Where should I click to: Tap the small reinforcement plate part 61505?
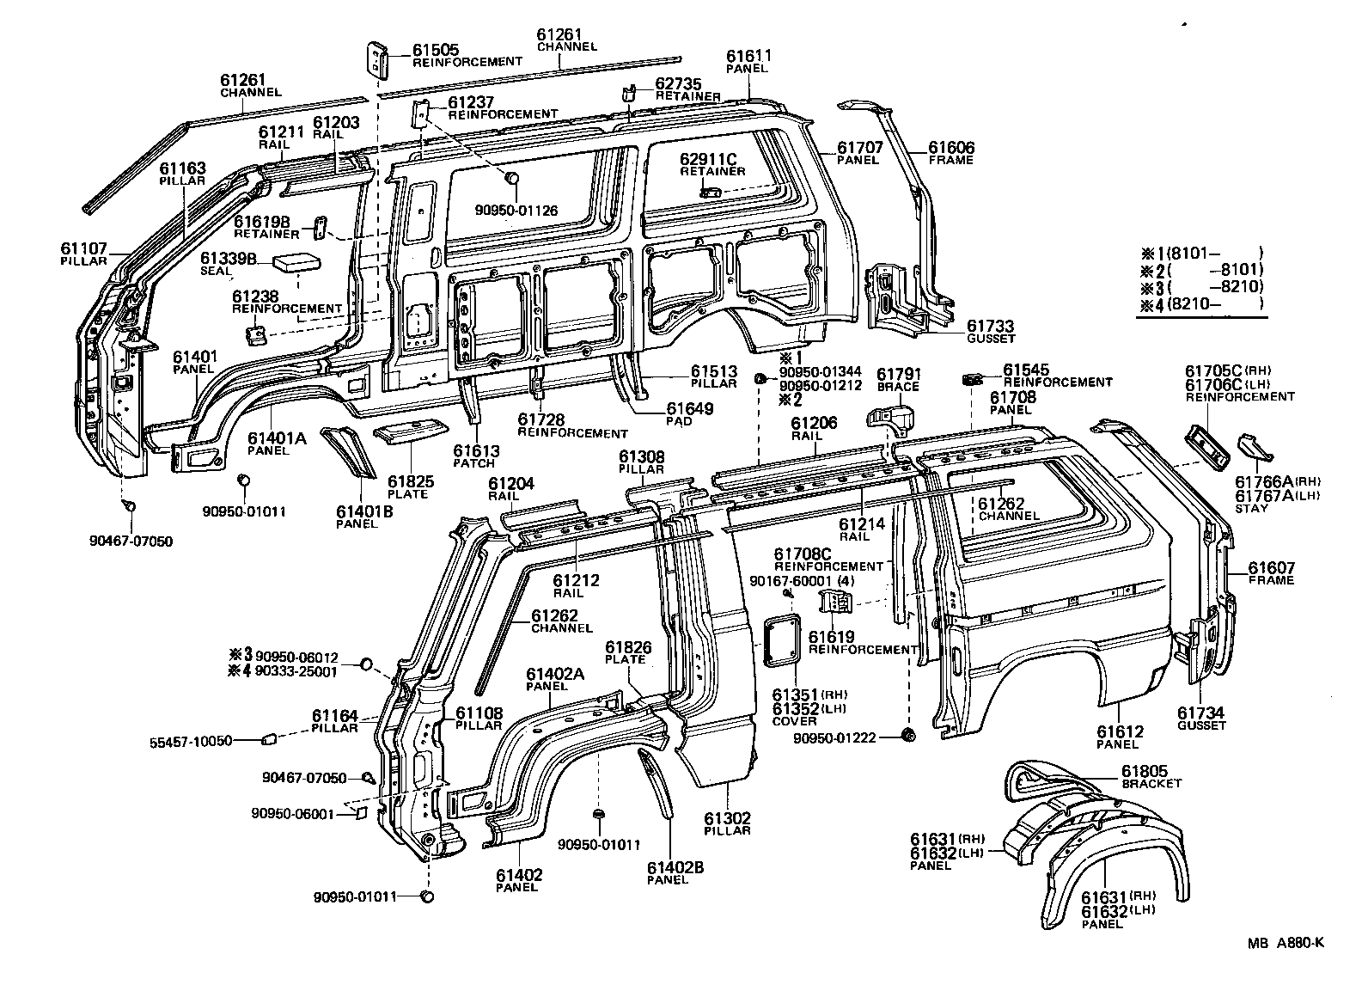[376, 58]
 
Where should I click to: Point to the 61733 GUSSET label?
[990, 331]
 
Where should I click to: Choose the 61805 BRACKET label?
[1151, 776]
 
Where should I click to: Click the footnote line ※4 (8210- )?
[1203, 303]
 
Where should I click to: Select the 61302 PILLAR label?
[728, 823]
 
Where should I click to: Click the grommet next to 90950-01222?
[909, 735]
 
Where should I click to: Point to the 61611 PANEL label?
[748, 60]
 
